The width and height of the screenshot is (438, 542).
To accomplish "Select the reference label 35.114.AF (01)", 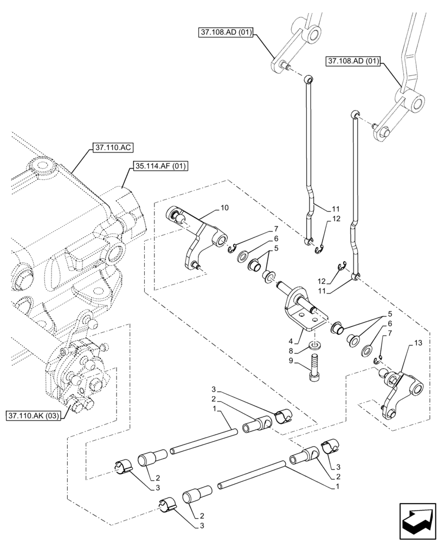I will (158, 166).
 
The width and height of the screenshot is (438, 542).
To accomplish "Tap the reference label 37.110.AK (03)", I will (33, 416).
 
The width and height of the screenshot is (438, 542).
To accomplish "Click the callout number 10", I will (225, 208).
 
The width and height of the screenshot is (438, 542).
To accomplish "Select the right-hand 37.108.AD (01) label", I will (355, 61).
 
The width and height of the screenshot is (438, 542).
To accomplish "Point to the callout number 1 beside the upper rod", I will (215, 408).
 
